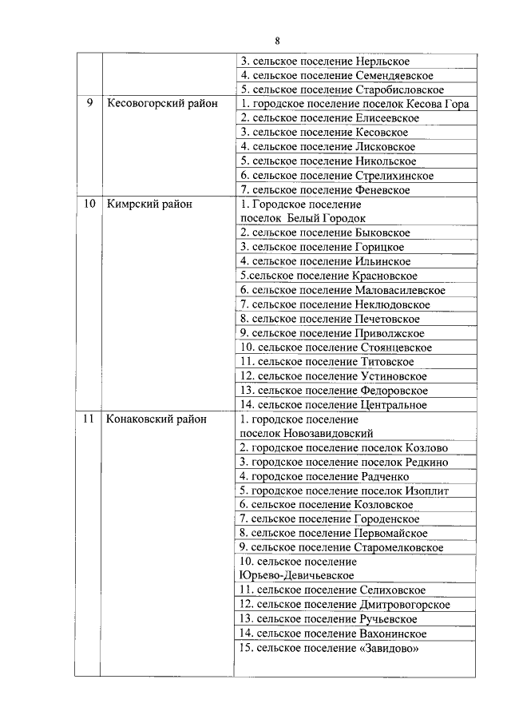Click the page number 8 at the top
click(x=276, y=41)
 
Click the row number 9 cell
click(x=89, y=104)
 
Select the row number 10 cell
click(x=89, y=204)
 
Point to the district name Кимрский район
click(x=149, y=204)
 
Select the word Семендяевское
click(x=394, y=75)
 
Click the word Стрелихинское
click(x=393, y=176)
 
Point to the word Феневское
click(x=381, y=190)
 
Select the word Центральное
click(x=390, y=405)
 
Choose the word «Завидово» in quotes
click(x=387, y=648)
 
